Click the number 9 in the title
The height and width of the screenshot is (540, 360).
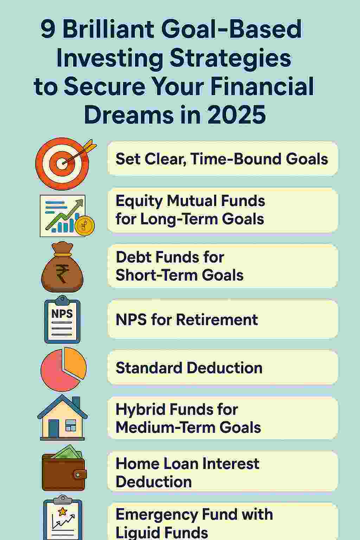47,30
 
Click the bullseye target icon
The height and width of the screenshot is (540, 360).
63,163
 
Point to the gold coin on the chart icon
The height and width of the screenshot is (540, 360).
85,226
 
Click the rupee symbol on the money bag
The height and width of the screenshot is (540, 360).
62,273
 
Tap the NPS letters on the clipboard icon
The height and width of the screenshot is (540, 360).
62,314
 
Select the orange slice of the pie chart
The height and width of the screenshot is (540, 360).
75,362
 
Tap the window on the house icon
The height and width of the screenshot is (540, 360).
71,425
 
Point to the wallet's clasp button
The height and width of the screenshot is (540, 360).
78,475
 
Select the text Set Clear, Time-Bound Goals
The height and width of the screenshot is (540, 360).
221,159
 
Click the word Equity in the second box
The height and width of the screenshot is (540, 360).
139,201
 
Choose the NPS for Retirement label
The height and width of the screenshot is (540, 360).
187,320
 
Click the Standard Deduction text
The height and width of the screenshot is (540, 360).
189,368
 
